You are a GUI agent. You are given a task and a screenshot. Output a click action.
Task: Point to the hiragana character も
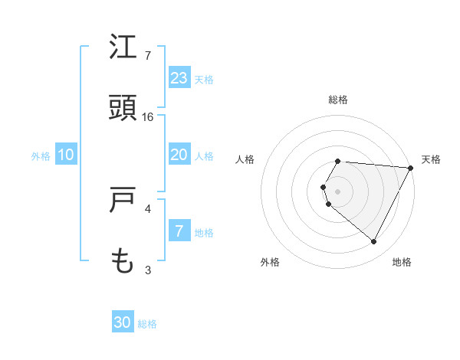point(123,262)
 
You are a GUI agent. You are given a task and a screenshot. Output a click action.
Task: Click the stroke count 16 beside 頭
point(148,117)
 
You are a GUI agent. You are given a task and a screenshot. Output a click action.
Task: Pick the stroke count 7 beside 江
point(148,56)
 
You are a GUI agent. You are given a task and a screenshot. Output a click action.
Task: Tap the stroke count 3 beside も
point(148,270)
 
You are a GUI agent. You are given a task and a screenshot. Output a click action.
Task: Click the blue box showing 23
point(179,78)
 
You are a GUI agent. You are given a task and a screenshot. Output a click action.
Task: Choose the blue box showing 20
point(179,155)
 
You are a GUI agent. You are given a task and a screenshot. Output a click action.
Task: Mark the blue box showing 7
point(179,231)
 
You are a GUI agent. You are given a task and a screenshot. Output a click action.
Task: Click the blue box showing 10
point(66,155)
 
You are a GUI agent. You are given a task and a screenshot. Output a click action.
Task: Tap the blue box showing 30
point(123,322)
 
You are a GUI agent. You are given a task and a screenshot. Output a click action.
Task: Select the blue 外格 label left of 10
point(41,155)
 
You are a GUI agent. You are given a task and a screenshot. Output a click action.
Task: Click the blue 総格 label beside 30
point(147,323)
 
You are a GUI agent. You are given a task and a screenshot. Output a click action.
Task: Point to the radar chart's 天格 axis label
point(431,159)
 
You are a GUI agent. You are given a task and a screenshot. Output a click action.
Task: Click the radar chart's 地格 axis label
point(402,262)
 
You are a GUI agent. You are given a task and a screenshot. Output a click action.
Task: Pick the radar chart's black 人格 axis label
point(245,159)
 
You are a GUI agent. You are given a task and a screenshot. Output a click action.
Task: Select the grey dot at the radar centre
point(337,191)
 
